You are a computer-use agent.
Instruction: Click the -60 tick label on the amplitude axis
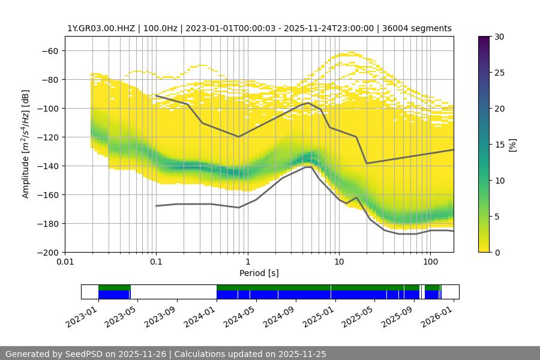pos(49,50)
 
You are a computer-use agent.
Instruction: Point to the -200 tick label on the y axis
pos(46,252)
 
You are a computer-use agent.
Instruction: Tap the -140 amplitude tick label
pos(46,166)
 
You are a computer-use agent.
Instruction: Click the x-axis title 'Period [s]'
pos(259,273)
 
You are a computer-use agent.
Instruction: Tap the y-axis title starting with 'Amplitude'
pos(26,144)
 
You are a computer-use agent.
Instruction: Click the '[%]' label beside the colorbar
pos(512,144)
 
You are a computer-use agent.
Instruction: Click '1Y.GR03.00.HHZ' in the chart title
pos(97,28)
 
